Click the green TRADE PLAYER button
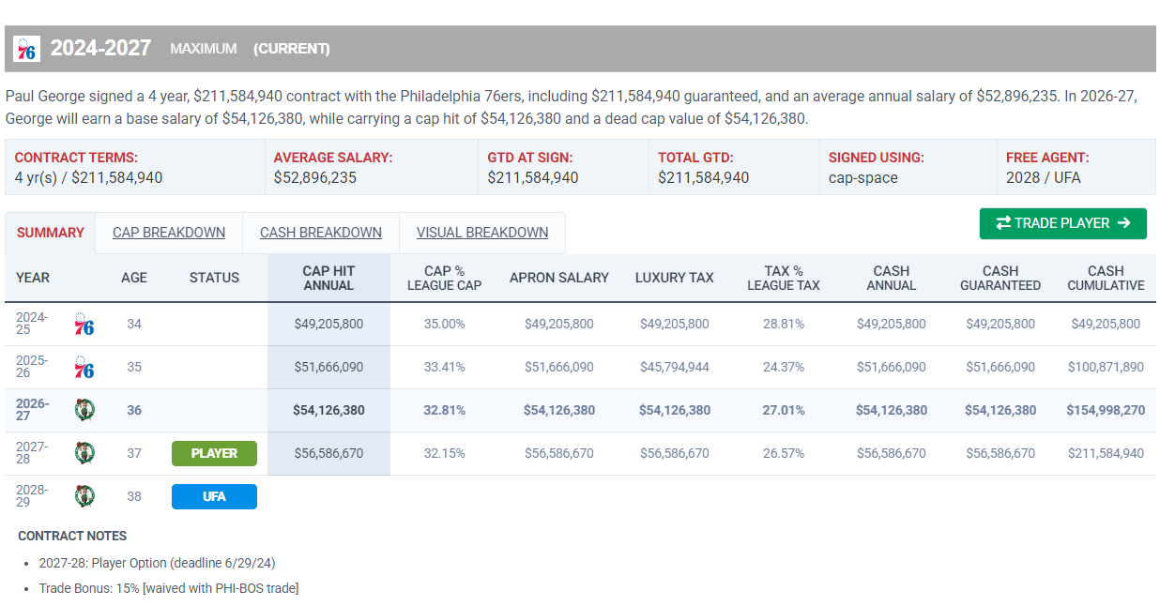click(1062, 223)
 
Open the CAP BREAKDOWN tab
click(169, 233)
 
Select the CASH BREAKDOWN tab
click(321, 233)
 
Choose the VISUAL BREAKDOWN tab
click(482, 233)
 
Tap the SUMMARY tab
click(51, 233)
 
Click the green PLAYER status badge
click(214, 453)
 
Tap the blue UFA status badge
click(214, 497)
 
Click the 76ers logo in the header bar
click(27, 49)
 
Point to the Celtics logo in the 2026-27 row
click(84, 410)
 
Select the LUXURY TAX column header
click(674, 278)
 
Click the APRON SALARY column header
click(558, 278)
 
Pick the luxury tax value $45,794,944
click(674, 367)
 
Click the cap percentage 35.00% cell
click(444, 324)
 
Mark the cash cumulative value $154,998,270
click(1106, 410)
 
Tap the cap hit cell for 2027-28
click(328, 453)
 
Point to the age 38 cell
click(134, 497)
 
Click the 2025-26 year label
click(32, 367)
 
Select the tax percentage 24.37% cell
click(784, 367)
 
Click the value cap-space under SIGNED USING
click(863, 178)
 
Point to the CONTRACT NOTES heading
click(72, 537)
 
